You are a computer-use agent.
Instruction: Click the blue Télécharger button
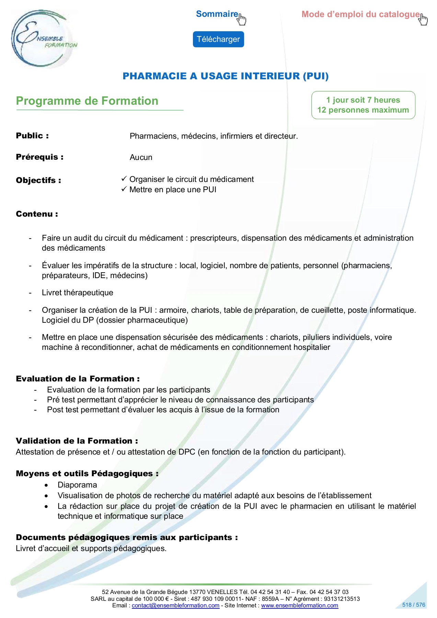(x=218, y=39)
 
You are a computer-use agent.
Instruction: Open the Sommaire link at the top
(x=217, y=14)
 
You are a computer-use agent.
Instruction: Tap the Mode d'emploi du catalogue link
(x=360, y=14)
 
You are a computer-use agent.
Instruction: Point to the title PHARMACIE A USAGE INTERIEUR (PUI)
(x=226, y=76)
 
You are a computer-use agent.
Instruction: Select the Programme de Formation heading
(x=87, y=101)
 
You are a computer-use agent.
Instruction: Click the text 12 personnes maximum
(x=363, y=110)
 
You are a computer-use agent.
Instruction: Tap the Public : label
(x=32, y=136)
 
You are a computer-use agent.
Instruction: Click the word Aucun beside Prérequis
(x=141, y=158)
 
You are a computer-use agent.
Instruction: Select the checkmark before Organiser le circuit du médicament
(x=124, y=179)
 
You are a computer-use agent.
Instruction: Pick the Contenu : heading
(x=37, y=214)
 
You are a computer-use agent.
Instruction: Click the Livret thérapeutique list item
(x=78, y=293)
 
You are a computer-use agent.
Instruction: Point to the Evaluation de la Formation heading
(x=78, y=379)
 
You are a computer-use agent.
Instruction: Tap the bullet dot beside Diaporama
(x=46, y=485)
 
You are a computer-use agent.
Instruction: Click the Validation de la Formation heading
(x=77, y=441)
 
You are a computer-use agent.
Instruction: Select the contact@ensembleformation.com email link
(x=175, y=605)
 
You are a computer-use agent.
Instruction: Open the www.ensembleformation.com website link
(x=299, y=605)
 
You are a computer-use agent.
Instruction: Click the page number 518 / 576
(x=414, y=605)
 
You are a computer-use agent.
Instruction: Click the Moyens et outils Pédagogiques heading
(x=87, y=474)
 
